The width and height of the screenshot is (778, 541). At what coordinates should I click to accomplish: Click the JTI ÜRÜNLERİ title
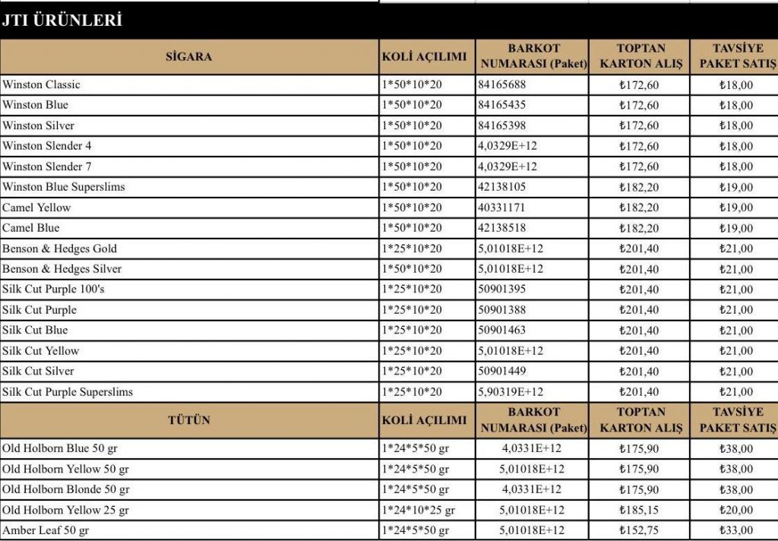click(62, 21)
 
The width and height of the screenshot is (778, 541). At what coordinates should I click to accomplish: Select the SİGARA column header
click(189, 56)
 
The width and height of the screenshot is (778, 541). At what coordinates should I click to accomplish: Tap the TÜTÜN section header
click(189, 420)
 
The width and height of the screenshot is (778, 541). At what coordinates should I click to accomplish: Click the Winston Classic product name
click(41, 84)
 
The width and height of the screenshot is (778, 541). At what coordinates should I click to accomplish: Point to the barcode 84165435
click(502, 105)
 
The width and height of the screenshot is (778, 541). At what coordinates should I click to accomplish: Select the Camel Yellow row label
click(36, 207)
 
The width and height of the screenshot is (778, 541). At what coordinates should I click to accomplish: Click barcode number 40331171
click(502, 207)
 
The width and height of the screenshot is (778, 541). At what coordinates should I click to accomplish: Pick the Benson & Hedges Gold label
click(60, 248)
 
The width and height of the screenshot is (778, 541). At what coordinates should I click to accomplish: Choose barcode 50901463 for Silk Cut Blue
click(502, 331)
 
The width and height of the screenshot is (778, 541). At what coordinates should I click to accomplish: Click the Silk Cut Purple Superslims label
click(68, 392)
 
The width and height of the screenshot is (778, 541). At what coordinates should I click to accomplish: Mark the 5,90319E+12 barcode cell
click(511, 392)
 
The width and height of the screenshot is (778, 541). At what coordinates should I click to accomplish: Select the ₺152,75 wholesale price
click(639, 530)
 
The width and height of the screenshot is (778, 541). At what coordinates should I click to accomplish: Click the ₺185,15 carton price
click(639, 510)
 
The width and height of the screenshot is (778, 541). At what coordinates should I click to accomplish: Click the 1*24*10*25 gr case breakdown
click(419, 510)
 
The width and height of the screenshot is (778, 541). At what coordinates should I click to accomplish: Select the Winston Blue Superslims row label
click(64, 187)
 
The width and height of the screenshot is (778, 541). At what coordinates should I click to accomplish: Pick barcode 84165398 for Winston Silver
click(502, 125)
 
